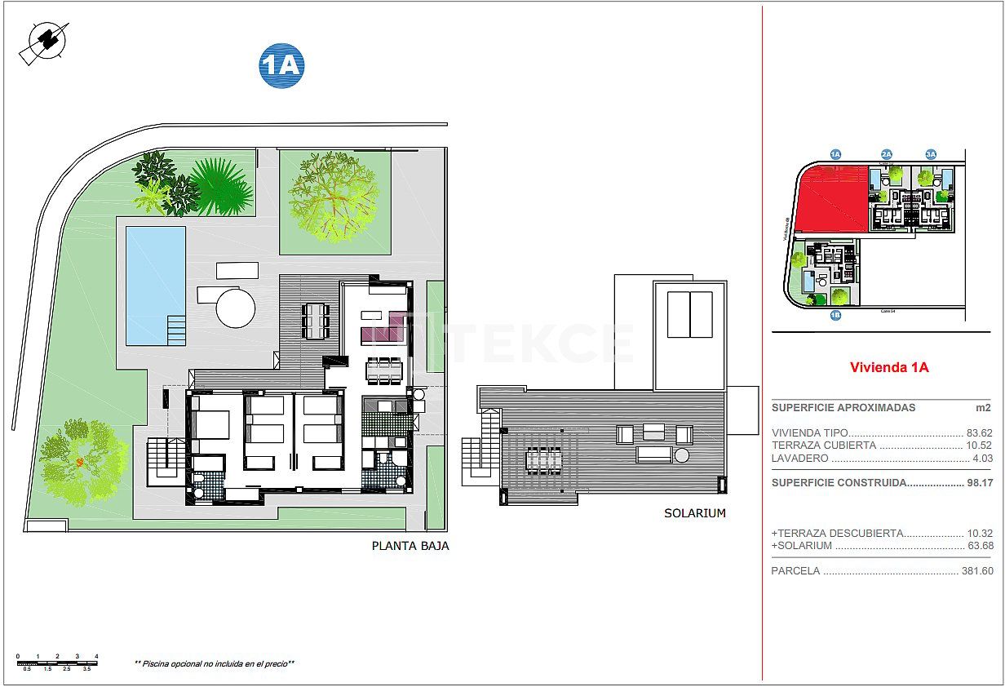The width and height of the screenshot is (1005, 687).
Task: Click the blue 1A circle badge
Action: pos(281,65)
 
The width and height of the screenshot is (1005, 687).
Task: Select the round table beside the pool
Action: pos(236,308)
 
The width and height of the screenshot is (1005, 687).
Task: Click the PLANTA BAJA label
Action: pos(410,546)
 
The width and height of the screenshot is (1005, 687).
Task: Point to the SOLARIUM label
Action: pos(694,513)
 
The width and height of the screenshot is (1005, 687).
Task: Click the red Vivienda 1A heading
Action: pos(889,367)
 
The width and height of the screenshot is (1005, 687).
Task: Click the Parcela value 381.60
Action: pos(976,571)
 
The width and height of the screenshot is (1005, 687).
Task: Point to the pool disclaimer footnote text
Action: pos(214,664)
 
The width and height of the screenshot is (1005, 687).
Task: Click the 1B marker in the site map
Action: pos(835,315)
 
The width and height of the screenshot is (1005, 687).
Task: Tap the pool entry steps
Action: pos(177,330)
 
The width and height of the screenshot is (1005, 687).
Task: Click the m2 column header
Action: pos(984,408)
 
